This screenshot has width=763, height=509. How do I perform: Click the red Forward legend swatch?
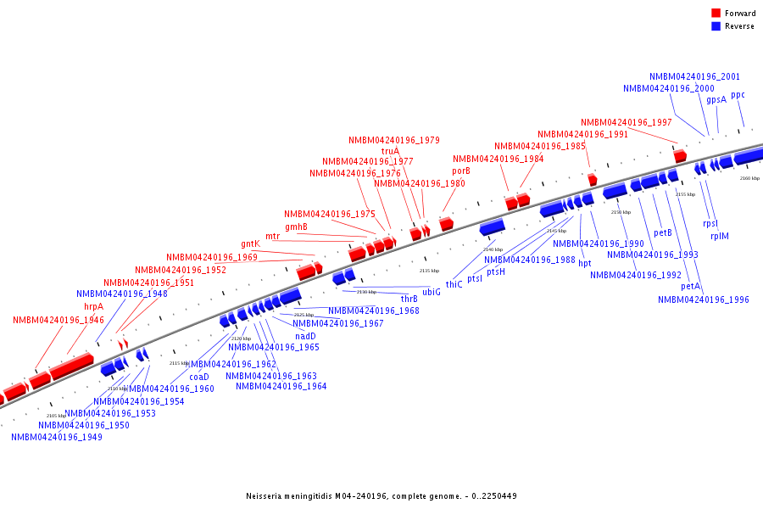716,13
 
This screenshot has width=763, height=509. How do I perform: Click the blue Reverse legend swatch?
716,26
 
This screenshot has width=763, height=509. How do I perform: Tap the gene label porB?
460,171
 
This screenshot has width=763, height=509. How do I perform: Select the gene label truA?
390,151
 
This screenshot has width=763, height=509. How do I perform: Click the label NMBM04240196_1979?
393,140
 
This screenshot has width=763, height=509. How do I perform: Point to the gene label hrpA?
93,306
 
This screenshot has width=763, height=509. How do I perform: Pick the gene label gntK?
250,244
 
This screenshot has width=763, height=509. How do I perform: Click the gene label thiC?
454,284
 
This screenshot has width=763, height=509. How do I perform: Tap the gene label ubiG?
432,292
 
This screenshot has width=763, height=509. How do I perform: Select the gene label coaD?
198,377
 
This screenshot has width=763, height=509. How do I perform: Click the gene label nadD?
305,336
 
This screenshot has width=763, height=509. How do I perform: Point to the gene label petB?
663,233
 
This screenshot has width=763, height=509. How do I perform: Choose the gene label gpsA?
716,99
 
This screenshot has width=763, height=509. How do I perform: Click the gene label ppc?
738,94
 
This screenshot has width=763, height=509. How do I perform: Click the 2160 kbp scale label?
749,179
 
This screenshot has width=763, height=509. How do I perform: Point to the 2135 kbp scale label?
430,271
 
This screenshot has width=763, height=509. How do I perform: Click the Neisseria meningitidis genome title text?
381,495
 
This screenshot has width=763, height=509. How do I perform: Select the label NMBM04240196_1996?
703,299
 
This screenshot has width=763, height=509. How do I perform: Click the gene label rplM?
719,236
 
